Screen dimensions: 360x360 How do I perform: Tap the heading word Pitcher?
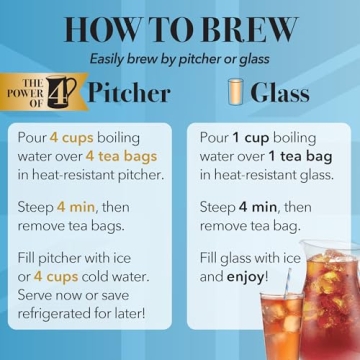(x=129, y=94)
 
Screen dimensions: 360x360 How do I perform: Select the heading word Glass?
(x=279, y=94)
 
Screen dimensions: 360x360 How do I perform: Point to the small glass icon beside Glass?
(x=236, y=93)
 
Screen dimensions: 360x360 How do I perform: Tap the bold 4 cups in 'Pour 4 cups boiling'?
(x=72, y=136)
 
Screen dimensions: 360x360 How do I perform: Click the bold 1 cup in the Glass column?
(x=251, y=136)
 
